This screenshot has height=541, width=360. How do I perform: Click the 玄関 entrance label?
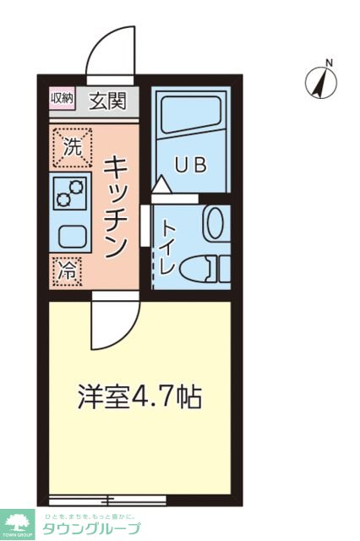tap(110, 101)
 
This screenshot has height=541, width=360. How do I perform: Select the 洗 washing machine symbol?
tap(71, 145)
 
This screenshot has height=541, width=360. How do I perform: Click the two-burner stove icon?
tap(66, 194)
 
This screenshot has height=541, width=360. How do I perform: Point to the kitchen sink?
tap(69, 235)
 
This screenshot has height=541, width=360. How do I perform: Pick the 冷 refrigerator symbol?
tap(65, 271)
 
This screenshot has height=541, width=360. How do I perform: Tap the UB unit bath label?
tap(190, 165)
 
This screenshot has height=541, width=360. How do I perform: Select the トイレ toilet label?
tap(167, 245)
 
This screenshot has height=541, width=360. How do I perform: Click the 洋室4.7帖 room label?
tap(139, 397)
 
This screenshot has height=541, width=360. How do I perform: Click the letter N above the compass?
tap(330, 62)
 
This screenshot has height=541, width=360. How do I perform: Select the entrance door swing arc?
tap(110, 52)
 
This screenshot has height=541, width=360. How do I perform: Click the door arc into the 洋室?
tap(113, 321)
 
